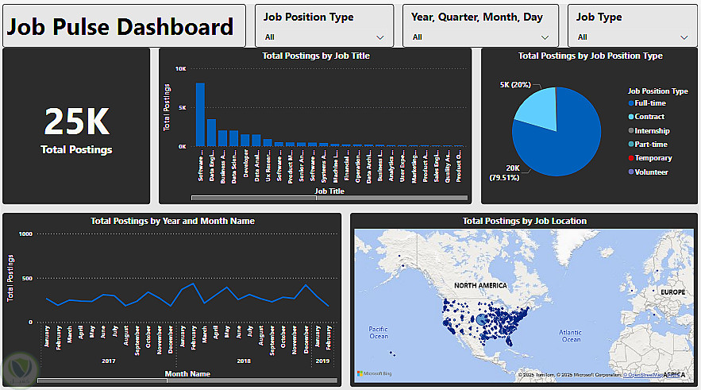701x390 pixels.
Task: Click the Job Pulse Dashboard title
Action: (121, 27)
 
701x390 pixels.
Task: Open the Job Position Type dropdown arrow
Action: (380, 37)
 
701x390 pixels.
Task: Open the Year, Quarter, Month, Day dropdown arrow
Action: (545, 37)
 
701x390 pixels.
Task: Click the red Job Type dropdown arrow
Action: (684, 37)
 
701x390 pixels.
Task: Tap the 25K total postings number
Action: (76, 122)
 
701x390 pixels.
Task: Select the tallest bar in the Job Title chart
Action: (201, 114)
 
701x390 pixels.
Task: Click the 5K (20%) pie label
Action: (515, 84)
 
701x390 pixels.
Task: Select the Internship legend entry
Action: (652, 131)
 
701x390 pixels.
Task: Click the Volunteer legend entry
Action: (651, 172)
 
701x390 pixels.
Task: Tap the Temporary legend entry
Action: (653, 158)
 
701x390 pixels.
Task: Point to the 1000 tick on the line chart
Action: (24, 234)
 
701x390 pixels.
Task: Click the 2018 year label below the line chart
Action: (244, 361)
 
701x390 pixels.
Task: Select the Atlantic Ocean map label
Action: (571, 335)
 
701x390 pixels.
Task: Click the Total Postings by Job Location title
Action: (525, 221)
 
